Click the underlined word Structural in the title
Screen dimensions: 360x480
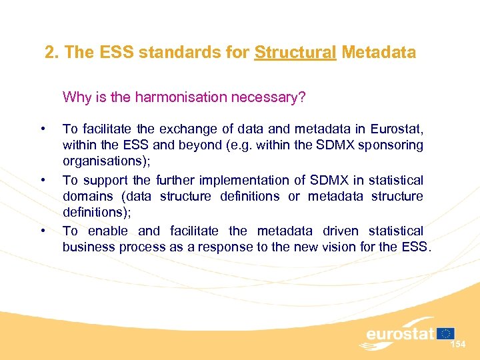[295, 53]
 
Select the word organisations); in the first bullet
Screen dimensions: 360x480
[103, 161]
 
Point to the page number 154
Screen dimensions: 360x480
[458, 345]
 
